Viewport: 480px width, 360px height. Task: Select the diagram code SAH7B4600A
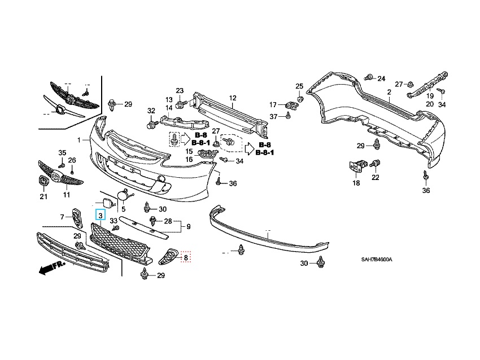[x=377, y=260]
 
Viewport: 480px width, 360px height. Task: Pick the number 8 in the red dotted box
[x=185, y=258]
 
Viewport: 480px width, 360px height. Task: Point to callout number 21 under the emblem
[x=43, y=196]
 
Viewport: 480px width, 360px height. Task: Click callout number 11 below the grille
[x=66, y=195]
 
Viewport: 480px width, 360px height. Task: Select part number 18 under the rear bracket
[x=356, y=183]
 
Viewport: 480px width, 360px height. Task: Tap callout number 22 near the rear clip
[x=375, y=178]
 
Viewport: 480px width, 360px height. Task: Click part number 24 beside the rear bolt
[x=381, y=78]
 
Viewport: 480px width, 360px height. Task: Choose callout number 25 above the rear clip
[x=300, y=86]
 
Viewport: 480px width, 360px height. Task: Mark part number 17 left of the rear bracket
[x=273, y=104]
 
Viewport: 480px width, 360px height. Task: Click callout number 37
[x=273, y=116]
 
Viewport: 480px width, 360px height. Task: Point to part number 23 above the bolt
[x=180, y=91]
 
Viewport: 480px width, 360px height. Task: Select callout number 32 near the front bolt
[x=151, y=110]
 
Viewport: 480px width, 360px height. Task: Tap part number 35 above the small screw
[x=62, y=152]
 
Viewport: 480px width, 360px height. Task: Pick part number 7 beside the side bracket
[x=62, y=217]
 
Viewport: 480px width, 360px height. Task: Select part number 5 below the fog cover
[x=123, y=209]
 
